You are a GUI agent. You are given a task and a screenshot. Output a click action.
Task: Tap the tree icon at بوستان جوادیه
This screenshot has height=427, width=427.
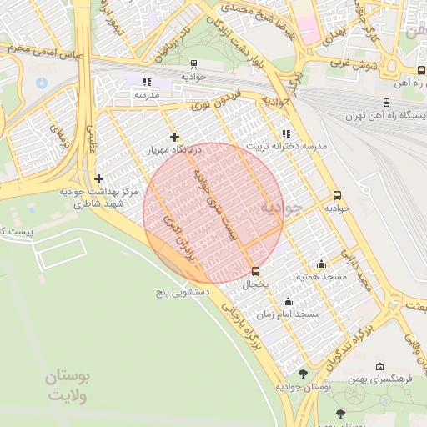click(303, 374)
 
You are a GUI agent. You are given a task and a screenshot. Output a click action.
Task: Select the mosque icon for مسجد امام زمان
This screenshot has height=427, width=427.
click(289, 301)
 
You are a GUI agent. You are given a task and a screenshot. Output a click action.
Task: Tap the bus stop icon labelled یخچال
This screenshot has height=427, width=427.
click(255, 271)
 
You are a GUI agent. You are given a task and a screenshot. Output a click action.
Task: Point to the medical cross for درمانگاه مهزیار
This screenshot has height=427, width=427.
click(174, 137)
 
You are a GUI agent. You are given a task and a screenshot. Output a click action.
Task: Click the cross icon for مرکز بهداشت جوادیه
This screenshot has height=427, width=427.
click(99, 178)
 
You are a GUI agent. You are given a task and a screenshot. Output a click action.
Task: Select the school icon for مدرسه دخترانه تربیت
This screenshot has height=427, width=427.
click(286, 133)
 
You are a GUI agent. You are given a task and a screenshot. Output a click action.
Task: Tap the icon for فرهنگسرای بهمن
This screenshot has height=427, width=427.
click(379, 366)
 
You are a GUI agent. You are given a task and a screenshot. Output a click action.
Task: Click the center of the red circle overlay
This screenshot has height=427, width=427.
click(213, 212)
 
